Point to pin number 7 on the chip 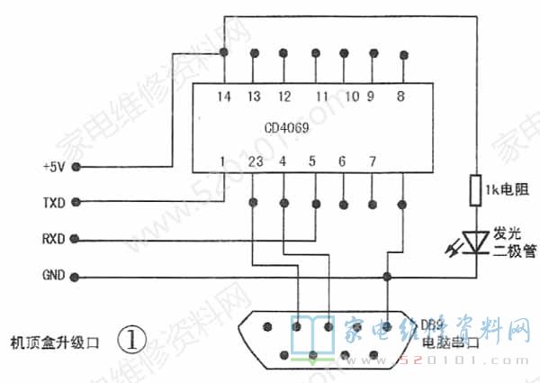click(x=373, y=162)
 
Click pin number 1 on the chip click(x=223, y=162)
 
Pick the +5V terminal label click(x=54, y=168)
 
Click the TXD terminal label click(x=54, y=201)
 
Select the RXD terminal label click(x=54, y=239)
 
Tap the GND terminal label click(x=54, y=275)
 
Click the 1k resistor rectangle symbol click(x=474, y=191)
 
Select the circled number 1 click(x=131, y=341)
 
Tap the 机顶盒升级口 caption click(x=53, y=342)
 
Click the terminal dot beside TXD click(x=77, y=201)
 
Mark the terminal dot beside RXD click(x=77, y=240)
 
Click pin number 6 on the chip click(x=342, y=162)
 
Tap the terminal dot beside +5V click(x=77, y=168)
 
